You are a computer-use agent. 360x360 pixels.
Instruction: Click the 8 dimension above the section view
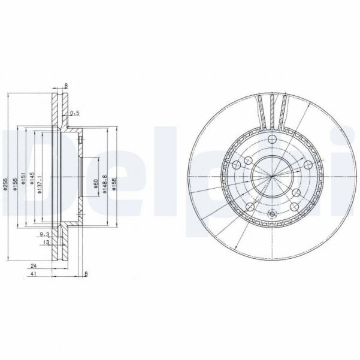(66, 86)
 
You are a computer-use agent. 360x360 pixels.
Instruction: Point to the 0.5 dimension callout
(75, 113)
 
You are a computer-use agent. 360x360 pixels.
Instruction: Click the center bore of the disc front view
(271, 174)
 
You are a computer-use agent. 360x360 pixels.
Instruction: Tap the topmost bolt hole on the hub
(271, 140)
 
